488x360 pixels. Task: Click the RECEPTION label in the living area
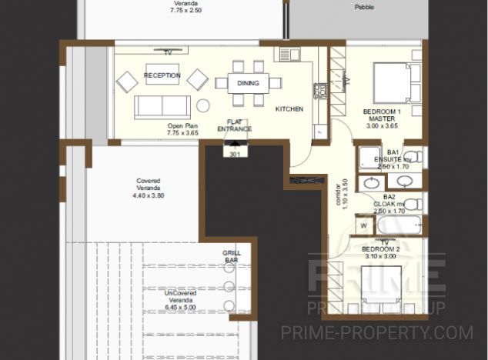coord(162,75)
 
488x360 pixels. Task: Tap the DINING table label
coord(248,83)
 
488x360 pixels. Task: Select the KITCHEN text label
coord(289,109)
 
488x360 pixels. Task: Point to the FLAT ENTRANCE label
coord(235,125)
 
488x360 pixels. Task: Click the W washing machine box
coord(363,226)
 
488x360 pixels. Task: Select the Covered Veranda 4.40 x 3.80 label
coord(149,188)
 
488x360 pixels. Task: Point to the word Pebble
coord(364,8)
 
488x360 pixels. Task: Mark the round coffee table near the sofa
coord(203,105)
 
